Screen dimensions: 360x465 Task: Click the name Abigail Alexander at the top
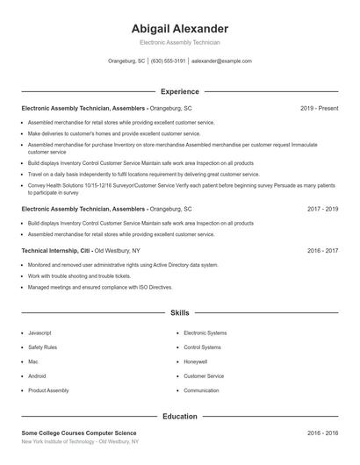coord(179,28)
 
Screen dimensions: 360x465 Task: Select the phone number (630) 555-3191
coord(168,61)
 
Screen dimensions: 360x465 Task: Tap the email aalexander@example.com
coord(221,61)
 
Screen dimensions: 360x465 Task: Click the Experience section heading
coord(180,91)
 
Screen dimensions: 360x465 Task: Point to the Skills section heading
coord(180,312)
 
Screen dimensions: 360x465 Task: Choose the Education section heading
coord(180,416)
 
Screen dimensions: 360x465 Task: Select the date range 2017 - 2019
coord(322,210)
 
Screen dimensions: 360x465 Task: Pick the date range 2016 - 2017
coord(322,250)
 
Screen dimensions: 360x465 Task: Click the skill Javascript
coord(40,333)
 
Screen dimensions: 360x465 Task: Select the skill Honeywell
coord(195,361)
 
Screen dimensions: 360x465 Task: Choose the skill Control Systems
coord(203,347)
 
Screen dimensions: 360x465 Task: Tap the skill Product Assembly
coord(47,390)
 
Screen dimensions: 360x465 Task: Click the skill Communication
coord(201,390)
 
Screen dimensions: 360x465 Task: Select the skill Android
coord(38,376)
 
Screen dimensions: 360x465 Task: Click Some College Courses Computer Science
coord(79,433)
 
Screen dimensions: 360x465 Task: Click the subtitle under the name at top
coord(179,42)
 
